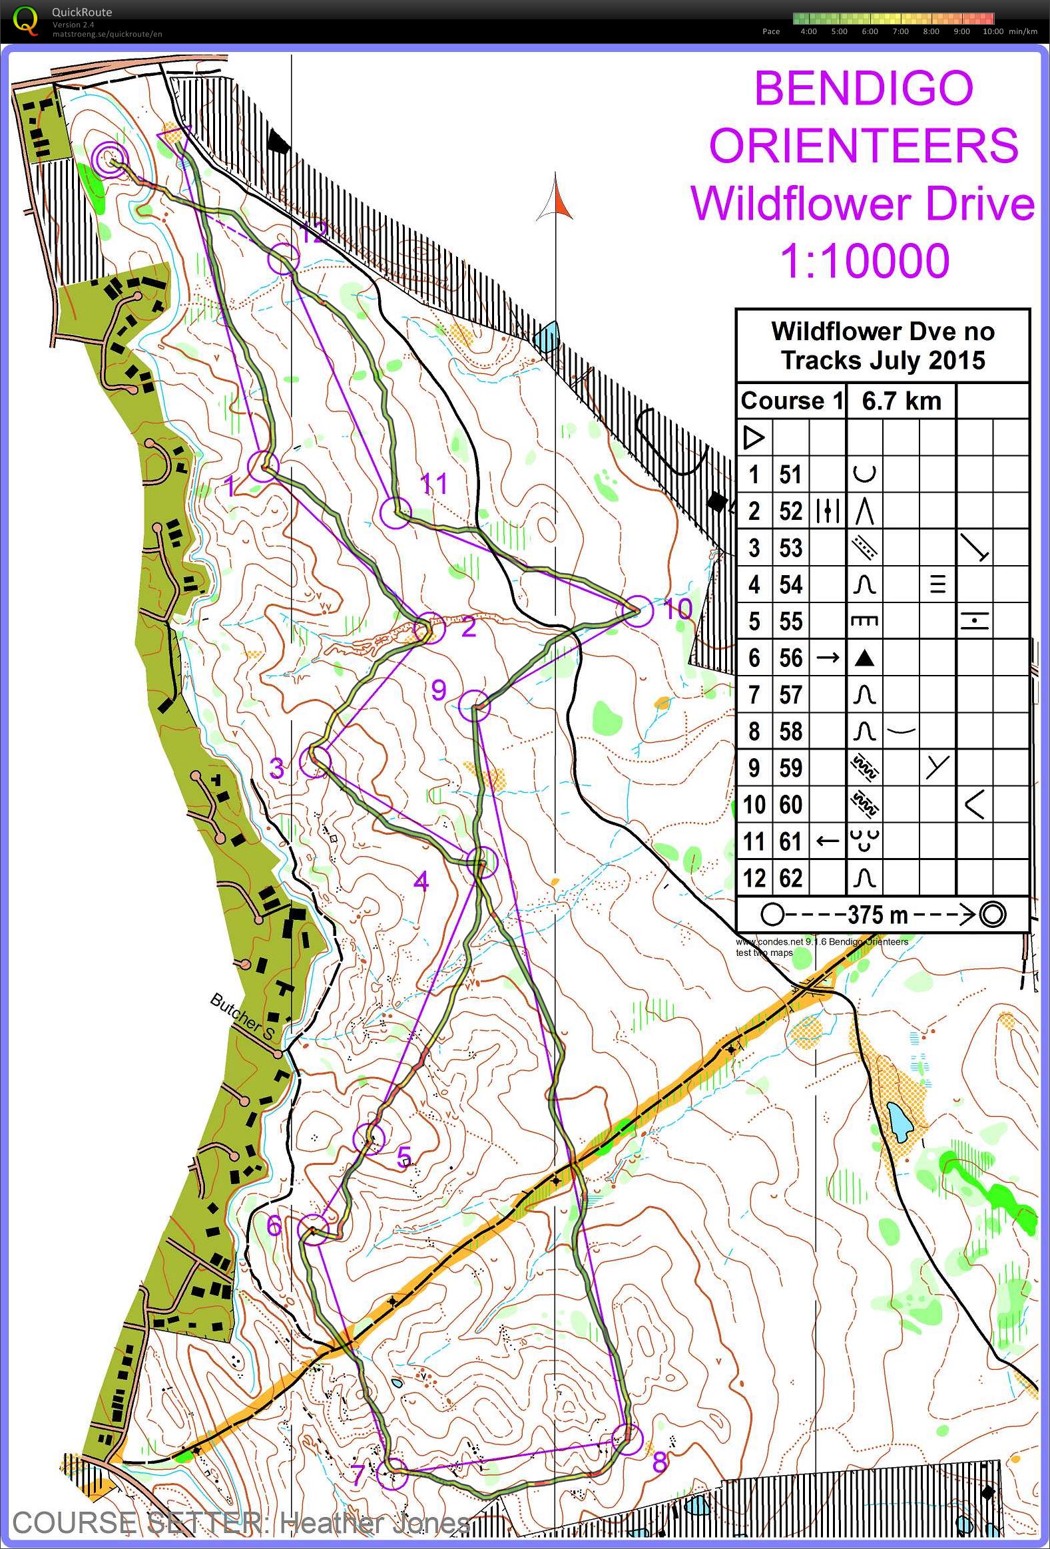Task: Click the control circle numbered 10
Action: [637, 611]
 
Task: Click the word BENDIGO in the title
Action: [864, 88]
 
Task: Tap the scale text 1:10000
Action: [865, 262]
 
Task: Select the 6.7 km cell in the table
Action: [901, 401]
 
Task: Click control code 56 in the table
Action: [791, 658]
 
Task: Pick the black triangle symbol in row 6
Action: [865, 658]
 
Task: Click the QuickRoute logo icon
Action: [25, 20]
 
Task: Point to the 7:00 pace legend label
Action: [900, 31]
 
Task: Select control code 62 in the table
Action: [791, 879]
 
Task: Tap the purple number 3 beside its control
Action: [276, 768]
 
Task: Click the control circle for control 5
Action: [369, 1138]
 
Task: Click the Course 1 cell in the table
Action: [791, 401]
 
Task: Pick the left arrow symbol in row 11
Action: [828, 841]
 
